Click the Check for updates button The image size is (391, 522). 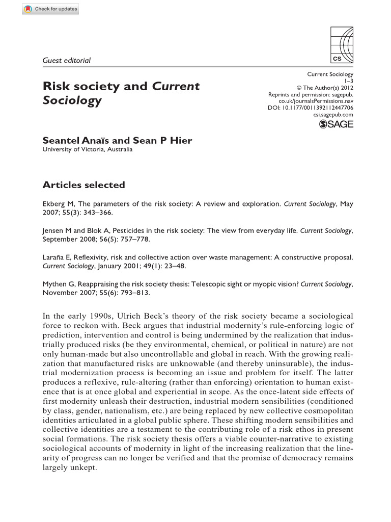click(50, 9)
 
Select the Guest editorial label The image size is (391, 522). click(67, 61)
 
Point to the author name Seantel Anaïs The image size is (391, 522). click(72, 141)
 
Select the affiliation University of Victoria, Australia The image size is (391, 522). click(87, 150)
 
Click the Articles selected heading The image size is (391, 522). click(83, 185)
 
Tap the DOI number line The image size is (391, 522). click(310, 108)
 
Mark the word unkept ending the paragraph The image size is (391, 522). click(82, 467)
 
